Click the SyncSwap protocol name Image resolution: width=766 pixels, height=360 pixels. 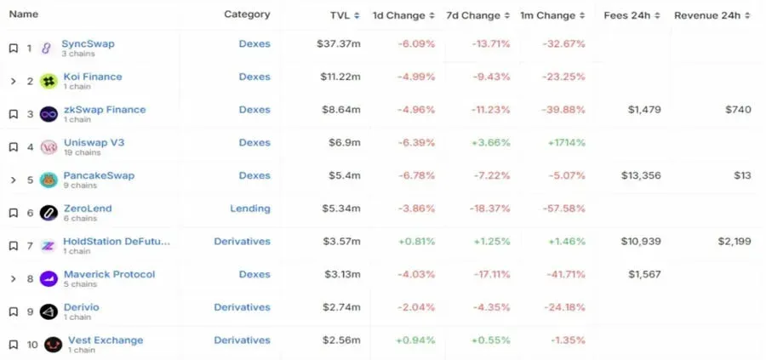click(88, 43)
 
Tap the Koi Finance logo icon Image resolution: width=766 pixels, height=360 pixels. click(49, 81)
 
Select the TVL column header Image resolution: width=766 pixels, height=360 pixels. click(340, 15)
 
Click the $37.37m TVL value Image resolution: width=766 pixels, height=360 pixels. click(339, 44)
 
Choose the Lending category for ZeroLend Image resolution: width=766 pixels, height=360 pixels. click(250, 209)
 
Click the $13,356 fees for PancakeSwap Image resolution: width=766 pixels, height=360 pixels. click(641, 175)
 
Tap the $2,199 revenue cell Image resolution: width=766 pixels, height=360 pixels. click(735, 242)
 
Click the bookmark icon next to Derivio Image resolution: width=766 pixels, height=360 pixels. click(14, 311)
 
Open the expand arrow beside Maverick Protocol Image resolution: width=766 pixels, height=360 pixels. click(13, 279)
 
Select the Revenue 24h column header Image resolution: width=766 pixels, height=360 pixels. click(707, 15)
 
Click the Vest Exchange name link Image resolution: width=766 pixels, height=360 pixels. click(106, 340)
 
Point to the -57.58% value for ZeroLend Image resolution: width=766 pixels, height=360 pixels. click(563, 209)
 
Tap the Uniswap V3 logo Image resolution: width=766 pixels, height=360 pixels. click(49, 147)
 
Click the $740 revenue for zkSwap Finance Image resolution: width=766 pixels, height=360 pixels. click(738, 110)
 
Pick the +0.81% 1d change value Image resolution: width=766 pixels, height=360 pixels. click(415, 242)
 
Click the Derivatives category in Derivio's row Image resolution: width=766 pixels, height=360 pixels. click(242, 307)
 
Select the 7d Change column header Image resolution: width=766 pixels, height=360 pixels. click(473, 15)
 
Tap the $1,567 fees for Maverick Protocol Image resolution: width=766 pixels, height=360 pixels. click(644, 275)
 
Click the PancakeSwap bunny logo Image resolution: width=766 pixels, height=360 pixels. click(49, 180)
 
